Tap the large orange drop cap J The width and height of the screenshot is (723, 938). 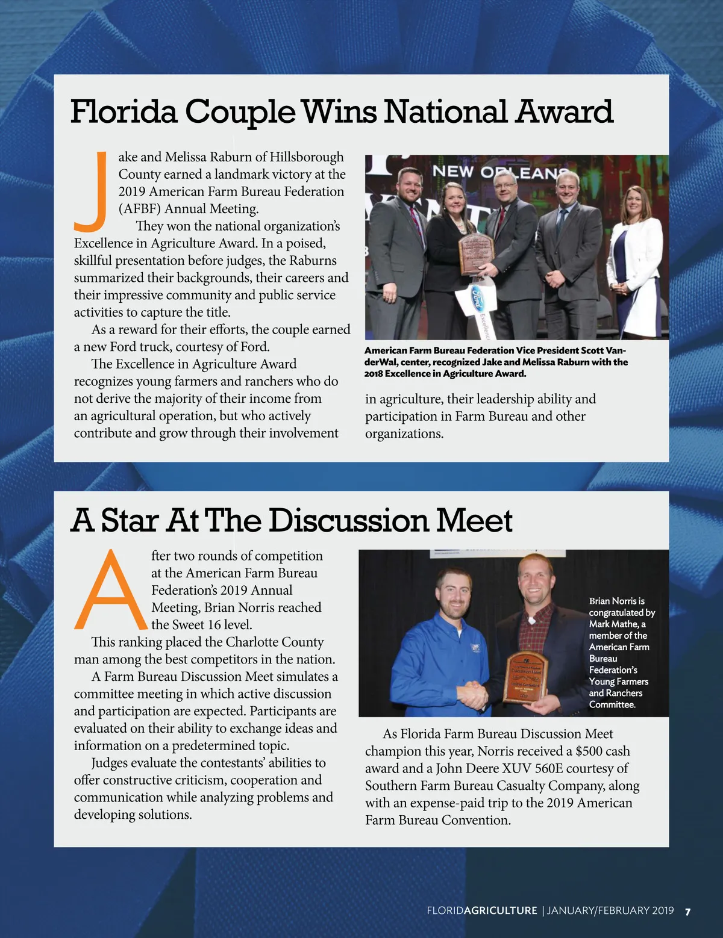point(90,191)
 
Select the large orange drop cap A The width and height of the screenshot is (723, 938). point(110,589)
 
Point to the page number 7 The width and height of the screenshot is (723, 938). point(687,911)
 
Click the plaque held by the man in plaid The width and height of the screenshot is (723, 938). point(525,677)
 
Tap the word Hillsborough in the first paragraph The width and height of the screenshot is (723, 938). point(307,157)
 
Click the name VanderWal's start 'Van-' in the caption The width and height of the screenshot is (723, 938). point(615,350)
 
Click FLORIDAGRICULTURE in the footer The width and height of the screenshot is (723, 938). point(481,911)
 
